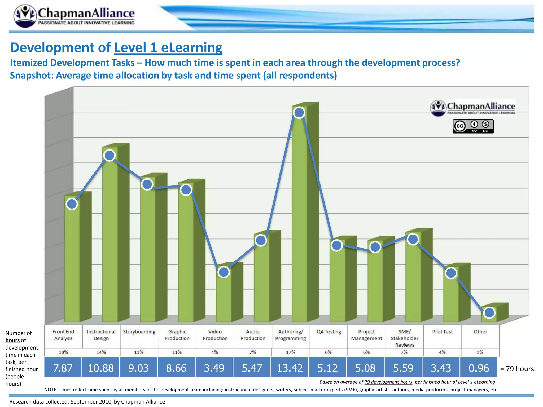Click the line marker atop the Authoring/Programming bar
tap(299, 113)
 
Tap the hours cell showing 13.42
tap(290, 368)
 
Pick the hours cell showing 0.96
tap(479, 368)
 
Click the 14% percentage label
tap(101, 352)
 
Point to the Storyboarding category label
tap(139, 332)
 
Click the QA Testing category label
tap(329, 332)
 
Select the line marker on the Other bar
tap(489, 313)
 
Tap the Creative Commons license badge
tap(473, 126)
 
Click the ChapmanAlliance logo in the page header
tap(74, 16)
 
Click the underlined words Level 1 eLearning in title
tap(168, 48)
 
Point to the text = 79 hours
tap(517, 369)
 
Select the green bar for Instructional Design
tap(110, 238)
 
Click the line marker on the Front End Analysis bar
tap(72, 204)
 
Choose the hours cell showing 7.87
tap(63, 368)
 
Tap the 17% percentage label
tap(290, 352)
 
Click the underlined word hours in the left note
tap(12, 340)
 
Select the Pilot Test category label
tap(442, 332)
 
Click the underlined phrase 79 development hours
tap(388, 382)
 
